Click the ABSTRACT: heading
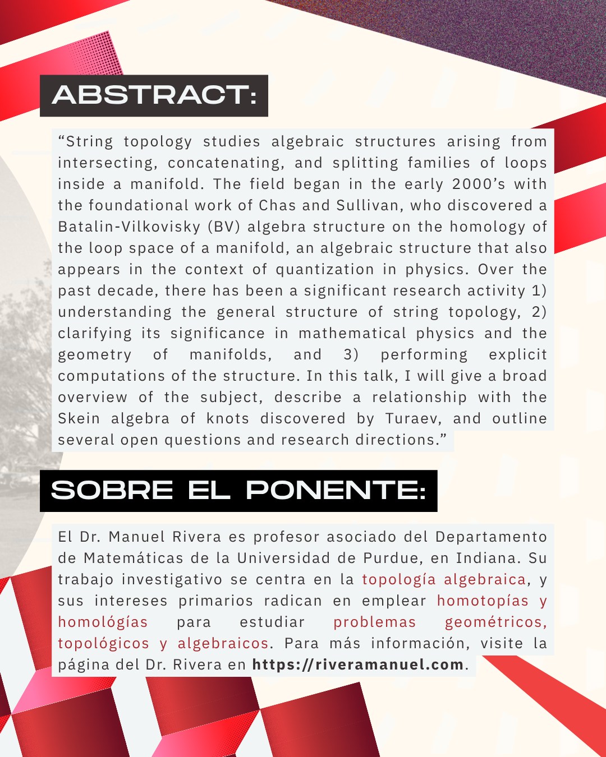[154, 95]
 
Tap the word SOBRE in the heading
[112, 491]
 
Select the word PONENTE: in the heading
[336, 491]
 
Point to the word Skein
[79, 419]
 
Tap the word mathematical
[352, 334]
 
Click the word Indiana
[488, 558]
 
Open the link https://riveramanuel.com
[357, 665]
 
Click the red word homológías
[103, 622]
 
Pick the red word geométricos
[495, 622]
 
